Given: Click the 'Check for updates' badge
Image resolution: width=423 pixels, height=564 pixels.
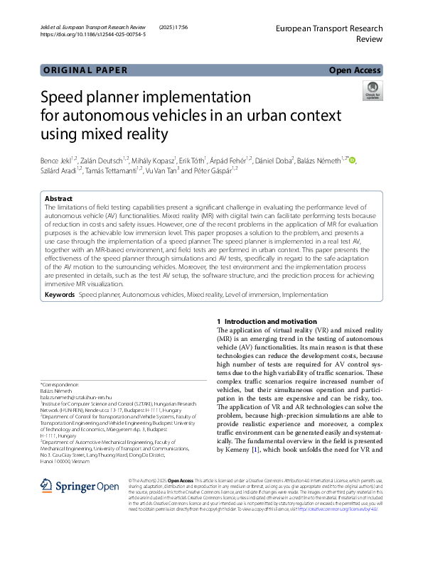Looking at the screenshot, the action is tap(372, 90).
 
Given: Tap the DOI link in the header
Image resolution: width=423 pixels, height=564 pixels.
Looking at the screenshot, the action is tap(93, 34).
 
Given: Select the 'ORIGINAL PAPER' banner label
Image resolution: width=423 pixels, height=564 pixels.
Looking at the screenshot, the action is tap(85, 70).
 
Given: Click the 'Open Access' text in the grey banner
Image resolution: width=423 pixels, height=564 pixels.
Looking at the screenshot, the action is tap(355, 70).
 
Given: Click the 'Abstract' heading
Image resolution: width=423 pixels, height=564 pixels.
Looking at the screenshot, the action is tap(58, 199).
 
